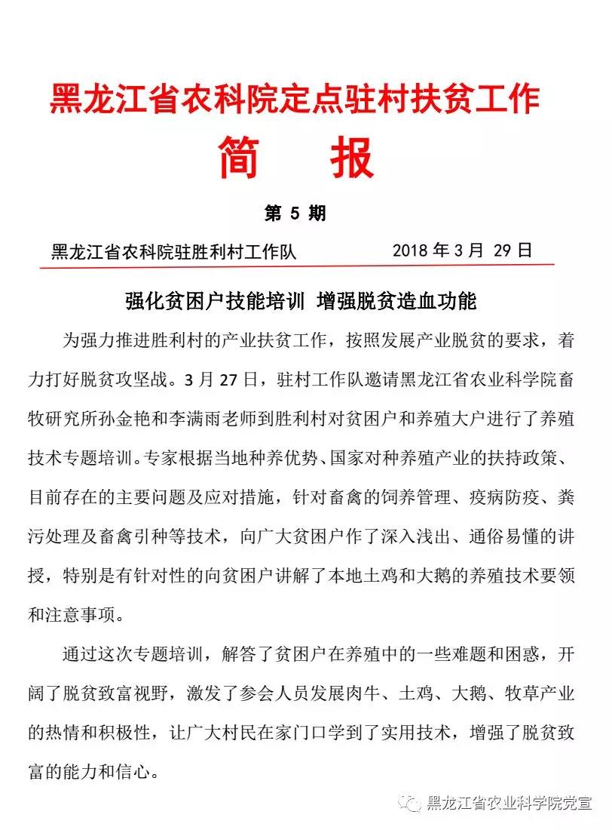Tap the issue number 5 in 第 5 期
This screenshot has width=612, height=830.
pos(295,214)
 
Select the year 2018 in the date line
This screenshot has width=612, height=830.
pos(412,251)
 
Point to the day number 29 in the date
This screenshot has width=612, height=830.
pos(503,251)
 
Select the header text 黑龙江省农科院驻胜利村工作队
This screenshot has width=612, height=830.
pos(173,252)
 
